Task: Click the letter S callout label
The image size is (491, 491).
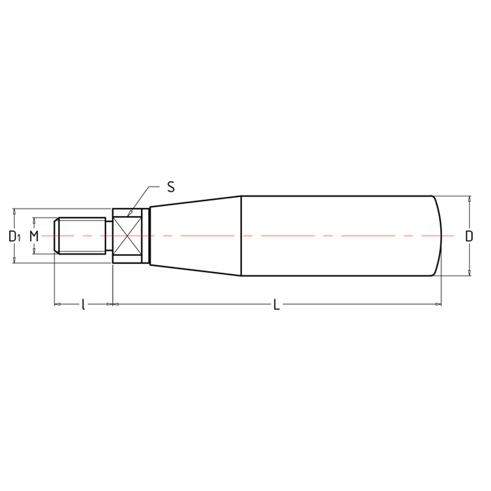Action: [x=171, y=187]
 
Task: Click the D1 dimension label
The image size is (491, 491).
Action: [x=14, y=236]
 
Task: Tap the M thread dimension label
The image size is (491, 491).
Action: [x=34, y=236]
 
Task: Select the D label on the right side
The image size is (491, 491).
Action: [x=469, y=236]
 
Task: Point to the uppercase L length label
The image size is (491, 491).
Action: [x=277, y=305]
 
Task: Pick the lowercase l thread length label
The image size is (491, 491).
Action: [x=83, y=305]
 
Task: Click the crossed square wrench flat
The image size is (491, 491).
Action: [x=127, y=236]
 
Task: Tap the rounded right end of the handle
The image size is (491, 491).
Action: [x=437, y=236]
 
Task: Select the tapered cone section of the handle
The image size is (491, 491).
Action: [x=195, y=236]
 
